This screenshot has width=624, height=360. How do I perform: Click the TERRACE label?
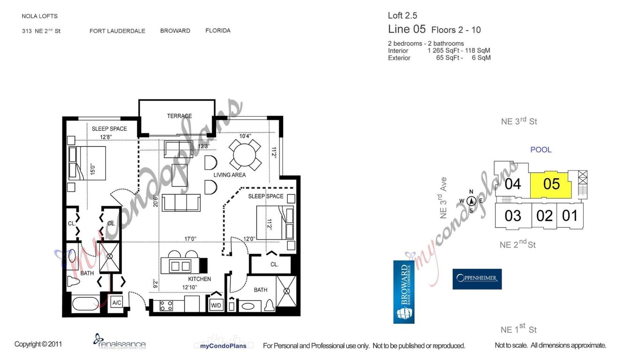click(179, 116)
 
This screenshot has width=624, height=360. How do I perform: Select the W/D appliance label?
click(216, 305)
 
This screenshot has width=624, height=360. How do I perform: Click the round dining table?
click(245, 154)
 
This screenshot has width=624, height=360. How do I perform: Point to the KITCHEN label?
click(199, 279)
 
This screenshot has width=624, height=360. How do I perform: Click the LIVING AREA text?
click(229, 175)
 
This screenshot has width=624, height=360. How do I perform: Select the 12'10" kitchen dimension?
click(190, 287)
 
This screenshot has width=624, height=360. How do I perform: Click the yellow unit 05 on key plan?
click(551, 184)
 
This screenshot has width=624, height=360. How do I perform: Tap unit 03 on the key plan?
click(512, 216)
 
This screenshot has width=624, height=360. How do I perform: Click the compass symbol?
click(471, 201)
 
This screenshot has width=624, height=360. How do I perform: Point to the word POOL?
click(541, 150)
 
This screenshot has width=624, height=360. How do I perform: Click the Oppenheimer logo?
click(477, 279)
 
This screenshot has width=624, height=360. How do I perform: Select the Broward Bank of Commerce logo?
click(404, 292)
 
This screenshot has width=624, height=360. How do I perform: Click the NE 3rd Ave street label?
click(443, 198)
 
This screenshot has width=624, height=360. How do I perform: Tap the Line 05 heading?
click(406, 30)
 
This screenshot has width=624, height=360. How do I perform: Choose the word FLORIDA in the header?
click(218, 31)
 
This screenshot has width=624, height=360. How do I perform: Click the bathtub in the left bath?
click(85, 304)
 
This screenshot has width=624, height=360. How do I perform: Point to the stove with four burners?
click(166, 306)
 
